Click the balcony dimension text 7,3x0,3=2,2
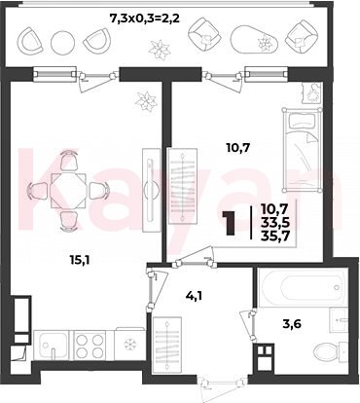click(x=145, y=18)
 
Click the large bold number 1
click(x=232, y=223)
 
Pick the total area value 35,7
click(x=275, y=237)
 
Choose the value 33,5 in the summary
click(x=275, y=223)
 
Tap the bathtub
click(x=303, y=287)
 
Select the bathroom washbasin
click(x=339, y=320)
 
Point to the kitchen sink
click(x=52, y=345)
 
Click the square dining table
click(x=68, y=191)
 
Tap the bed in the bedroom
click(x=303, y=150)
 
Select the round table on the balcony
click(x=62, y=42)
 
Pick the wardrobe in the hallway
click(x=166, y=344)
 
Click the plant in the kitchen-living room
click(x=147, y=100)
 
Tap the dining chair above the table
click(x=69, y=161)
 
